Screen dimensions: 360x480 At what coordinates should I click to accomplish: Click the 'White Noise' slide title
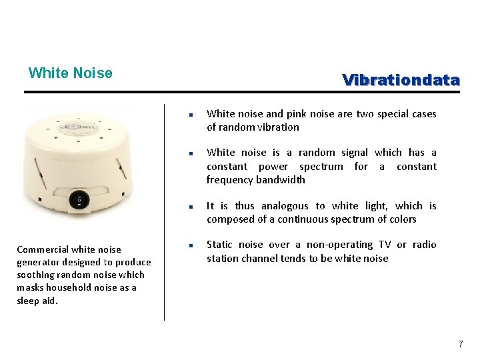(70, 73)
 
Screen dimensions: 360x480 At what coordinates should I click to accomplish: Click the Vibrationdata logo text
(401, 81)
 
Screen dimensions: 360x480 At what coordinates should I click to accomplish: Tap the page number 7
(460, 344)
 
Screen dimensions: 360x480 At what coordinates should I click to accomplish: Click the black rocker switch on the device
(80, 198)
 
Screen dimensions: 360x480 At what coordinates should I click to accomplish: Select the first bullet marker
(191, 115)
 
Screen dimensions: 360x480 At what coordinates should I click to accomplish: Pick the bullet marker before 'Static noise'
(191, 245)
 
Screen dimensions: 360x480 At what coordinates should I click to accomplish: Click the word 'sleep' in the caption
(28, 300)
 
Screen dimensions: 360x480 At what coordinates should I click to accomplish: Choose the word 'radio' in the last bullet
(424, 245)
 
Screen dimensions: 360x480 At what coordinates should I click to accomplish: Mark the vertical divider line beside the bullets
(164, 213)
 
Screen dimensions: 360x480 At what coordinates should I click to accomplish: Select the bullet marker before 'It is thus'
(191, 207)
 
